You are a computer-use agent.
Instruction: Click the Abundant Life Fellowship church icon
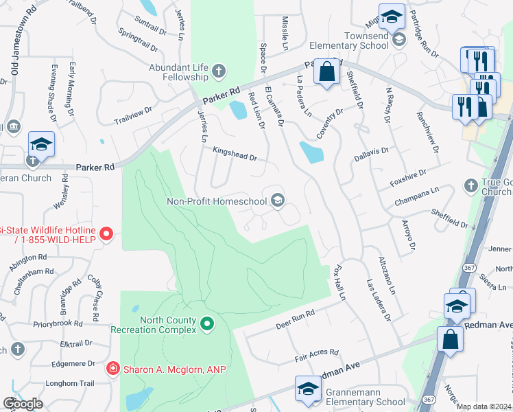(x=218, y=70)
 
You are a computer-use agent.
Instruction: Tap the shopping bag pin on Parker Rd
(x=326, y=71)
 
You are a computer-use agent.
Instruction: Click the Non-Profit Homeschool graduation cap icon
(x=278, y=201)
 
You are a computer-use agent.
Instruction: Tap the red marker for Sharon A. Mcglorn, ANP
(x=112, y=369)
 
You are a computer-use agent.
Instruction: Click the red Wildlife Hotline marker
(x=106, y=235)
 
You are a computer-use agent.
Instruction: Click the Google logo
(x=23, y=404)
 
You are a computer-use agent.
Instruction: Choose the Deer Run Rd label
(x=294, y=318)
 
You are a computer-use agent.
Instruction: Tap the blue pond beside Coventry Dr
(x=311, y=152)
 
